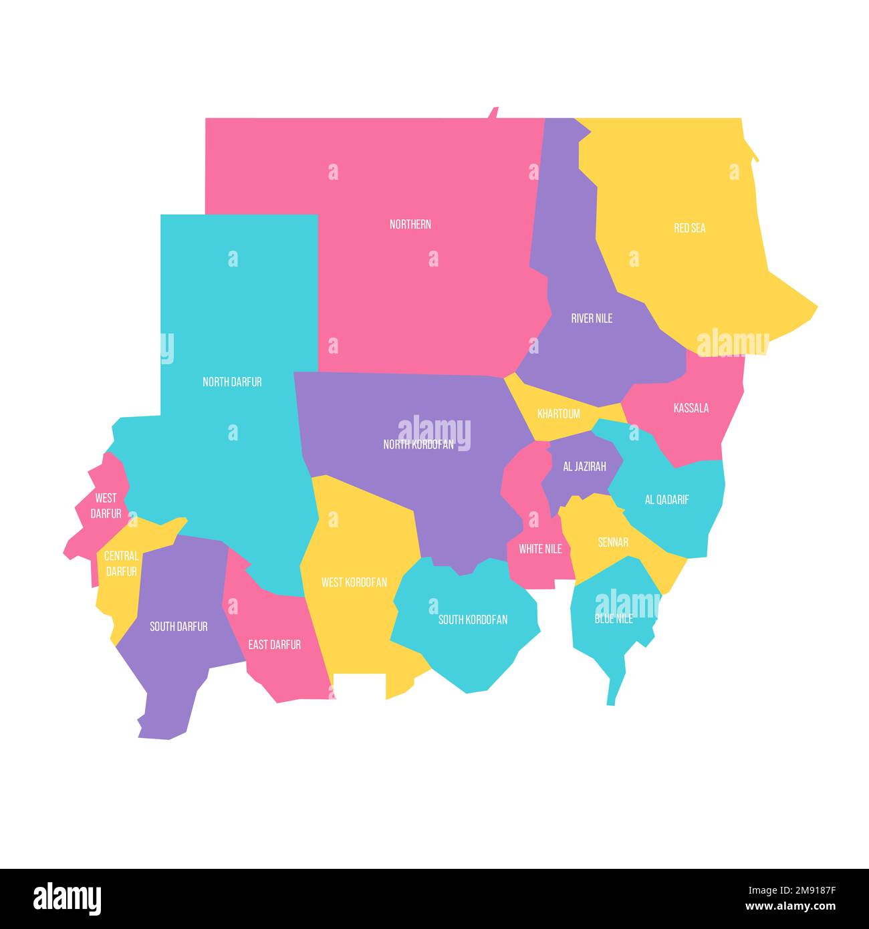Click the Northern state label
coord(410,225)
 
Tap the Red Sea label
coord(689,228)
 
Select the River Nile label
coord(592,318)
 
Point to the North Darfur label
coord(232,382)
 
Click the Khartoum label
coord(559,414)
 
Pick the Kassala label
coord(691,408)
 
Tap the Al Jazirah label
coord(584,467)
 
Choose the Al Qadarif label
coord(666,499)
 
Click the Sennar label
coord(613,542)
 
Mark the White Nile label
coord(540,549)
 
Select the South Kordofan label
coord(473,620)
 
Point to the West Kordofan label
coord(354,582)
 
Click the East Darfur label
coord(274,644)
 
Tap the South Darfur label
coord(178,626)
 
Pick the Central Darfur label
coord(122,563)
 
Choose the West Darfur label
coord(106,506)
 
